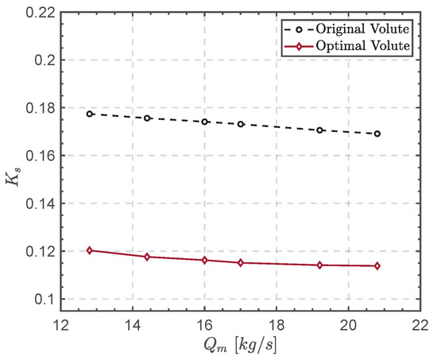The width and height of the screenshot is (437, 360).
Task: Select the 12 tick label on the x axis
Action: pos(60,324)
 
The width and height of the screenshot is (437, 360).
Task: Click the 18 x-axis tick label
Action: pos(277,324)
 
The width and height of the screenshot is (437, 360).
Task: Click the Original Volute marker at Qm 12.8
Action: pos(90,114)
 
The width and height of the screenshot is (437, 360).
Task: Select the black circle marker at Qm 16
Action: pos(205,122)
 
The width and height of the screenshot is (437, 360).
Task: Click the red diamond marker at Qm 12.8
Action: pos(90,250)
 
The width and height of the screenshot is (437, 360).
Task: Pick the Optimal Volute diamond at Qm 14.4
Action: pos(147,257)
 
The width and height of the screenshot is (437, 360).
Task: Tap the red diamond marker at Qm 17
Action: pos(241,262)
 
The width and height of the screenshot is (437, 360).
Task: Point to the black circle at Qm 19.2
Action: pos(319,130)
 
